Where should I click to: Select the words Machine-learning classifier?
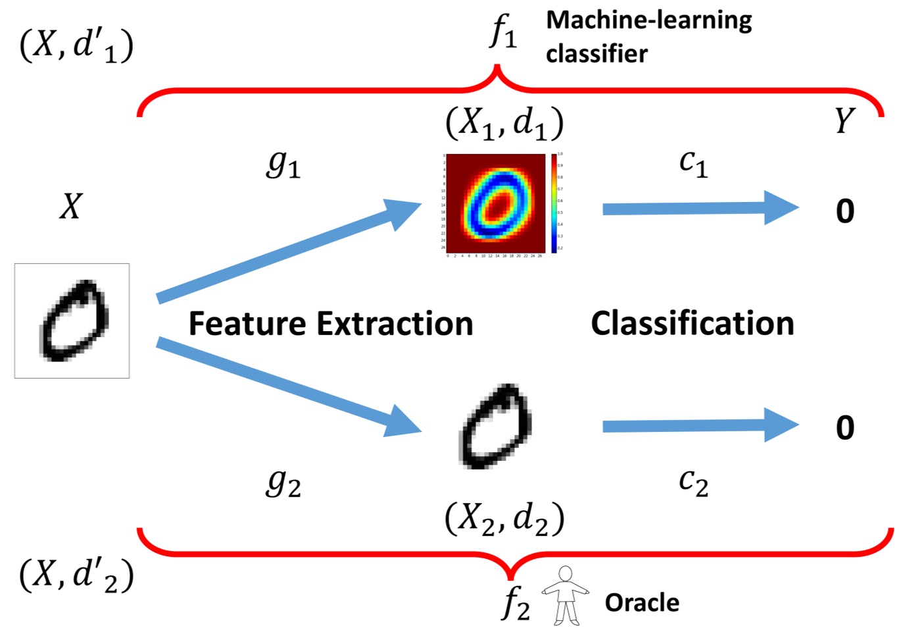[x=648, y=37]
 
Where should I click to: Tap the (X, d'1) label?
[x=76, y=47]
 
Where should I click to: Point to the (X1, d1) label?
[x=504, y=123]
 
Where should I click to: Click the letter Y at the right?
[x=844, y=121]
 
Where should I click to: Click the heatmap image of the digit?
[x=495, y=203]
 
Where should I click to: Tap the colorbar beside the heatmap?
[x=554, y=203]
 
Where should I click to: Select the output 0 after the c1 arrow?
[x=845, y=211]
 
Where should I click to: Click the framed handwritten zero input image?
[x=72, y=321]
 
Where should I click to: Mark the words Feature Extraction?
[x=331, y=324]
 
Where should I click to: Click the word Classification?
[x=693, y=323]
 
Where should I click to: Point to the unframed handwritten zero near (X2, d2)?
[x=495, y=427]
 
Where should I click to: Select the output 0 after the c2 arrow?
[x=845, y=428]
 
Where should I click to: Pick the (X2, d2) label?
[x=504, y=519]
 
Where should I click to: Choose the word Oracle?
[x=642, y=602]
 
